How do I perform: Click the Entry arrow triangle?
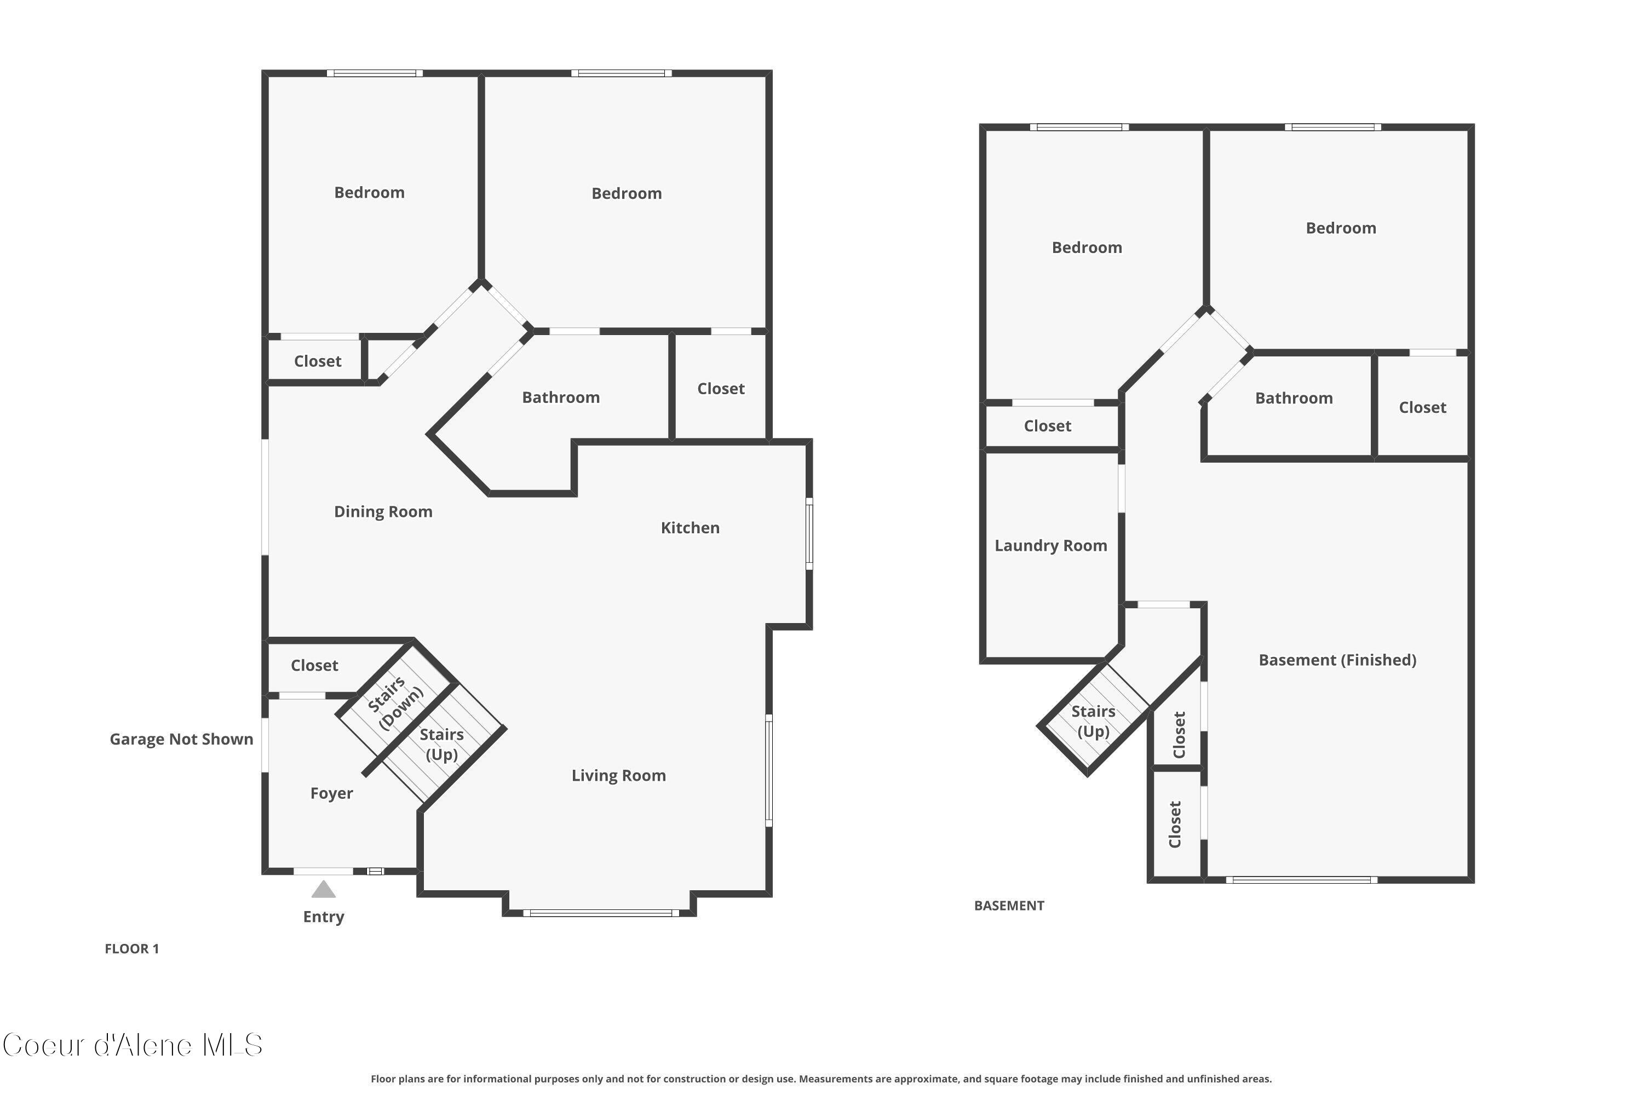[324, 890]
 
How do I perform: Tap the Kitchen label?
[690, 528]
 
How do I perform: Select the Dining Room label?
[383, 512]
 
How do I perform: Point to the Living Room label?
[618, 775]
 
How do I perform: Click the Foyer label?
[331, 793]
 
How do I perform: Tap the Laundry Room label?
[1050, 545]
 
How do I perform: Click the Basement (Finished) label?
[1337, 660]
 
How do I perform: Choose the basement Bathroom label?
[1293, 398]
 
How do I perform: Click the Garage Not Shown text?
[181, 739]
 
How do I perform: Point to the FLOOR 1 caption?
[131, 948]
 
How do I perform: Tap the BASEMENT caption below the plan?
[1009, 906]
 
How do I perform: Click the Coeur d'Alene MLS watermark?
[133, 1045]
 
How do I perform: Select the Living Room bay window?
[601, 913]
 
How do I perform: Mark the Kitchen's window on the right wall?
[809, 533]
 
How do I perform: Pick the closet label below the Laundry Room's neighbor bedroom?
[1047, 426]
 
